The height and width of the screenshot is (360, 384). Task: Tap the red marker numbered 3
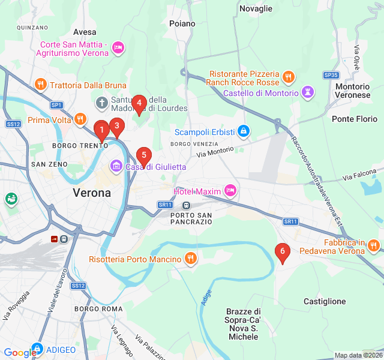pyautogui.click(x=116, y=126)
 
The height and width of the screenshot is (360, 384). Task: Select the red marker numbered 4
pyautogui.click(x=139, y=104)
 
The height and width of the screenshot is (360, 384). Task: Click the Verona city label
pyautogui.click(x=92, y=193)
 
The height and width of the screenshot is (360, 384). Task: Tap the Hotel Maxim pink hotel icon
pyautogui.click(x=230, y=191)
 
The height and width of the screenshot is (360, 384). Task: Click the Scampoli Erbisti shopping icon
pyautogui.click(x=243, y=130)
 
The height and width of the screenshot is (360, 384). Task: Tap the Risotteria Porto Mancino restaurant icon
pyautogui.click(x=191, y=259)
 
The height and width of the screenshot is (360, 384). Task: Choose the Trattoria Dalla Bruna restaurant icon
pyautogui.click(x=41, y=85)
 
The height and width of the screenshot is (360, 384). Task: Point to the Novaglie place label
pyautogui.click(x=256, y=8)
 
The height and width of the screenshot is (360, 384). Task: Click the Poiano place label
pyautogui.click(x=182, y=23)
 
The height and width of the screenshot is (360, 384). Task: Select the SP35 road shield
pyautogui.click(x=331, y=75)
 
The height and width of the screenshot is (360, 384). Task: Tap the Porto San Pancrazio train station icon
pyautogui.click(x=187, y=205)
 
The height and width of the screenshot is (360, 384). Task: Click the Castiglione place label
pyautogui.click(x=325, y=301)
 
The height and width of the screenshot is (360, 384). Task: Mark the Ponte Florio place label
pyautogui.click(x=355, y=119)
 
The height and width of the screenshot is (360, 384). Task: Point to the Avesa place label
pyautogui.click(x=85, y=32)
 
